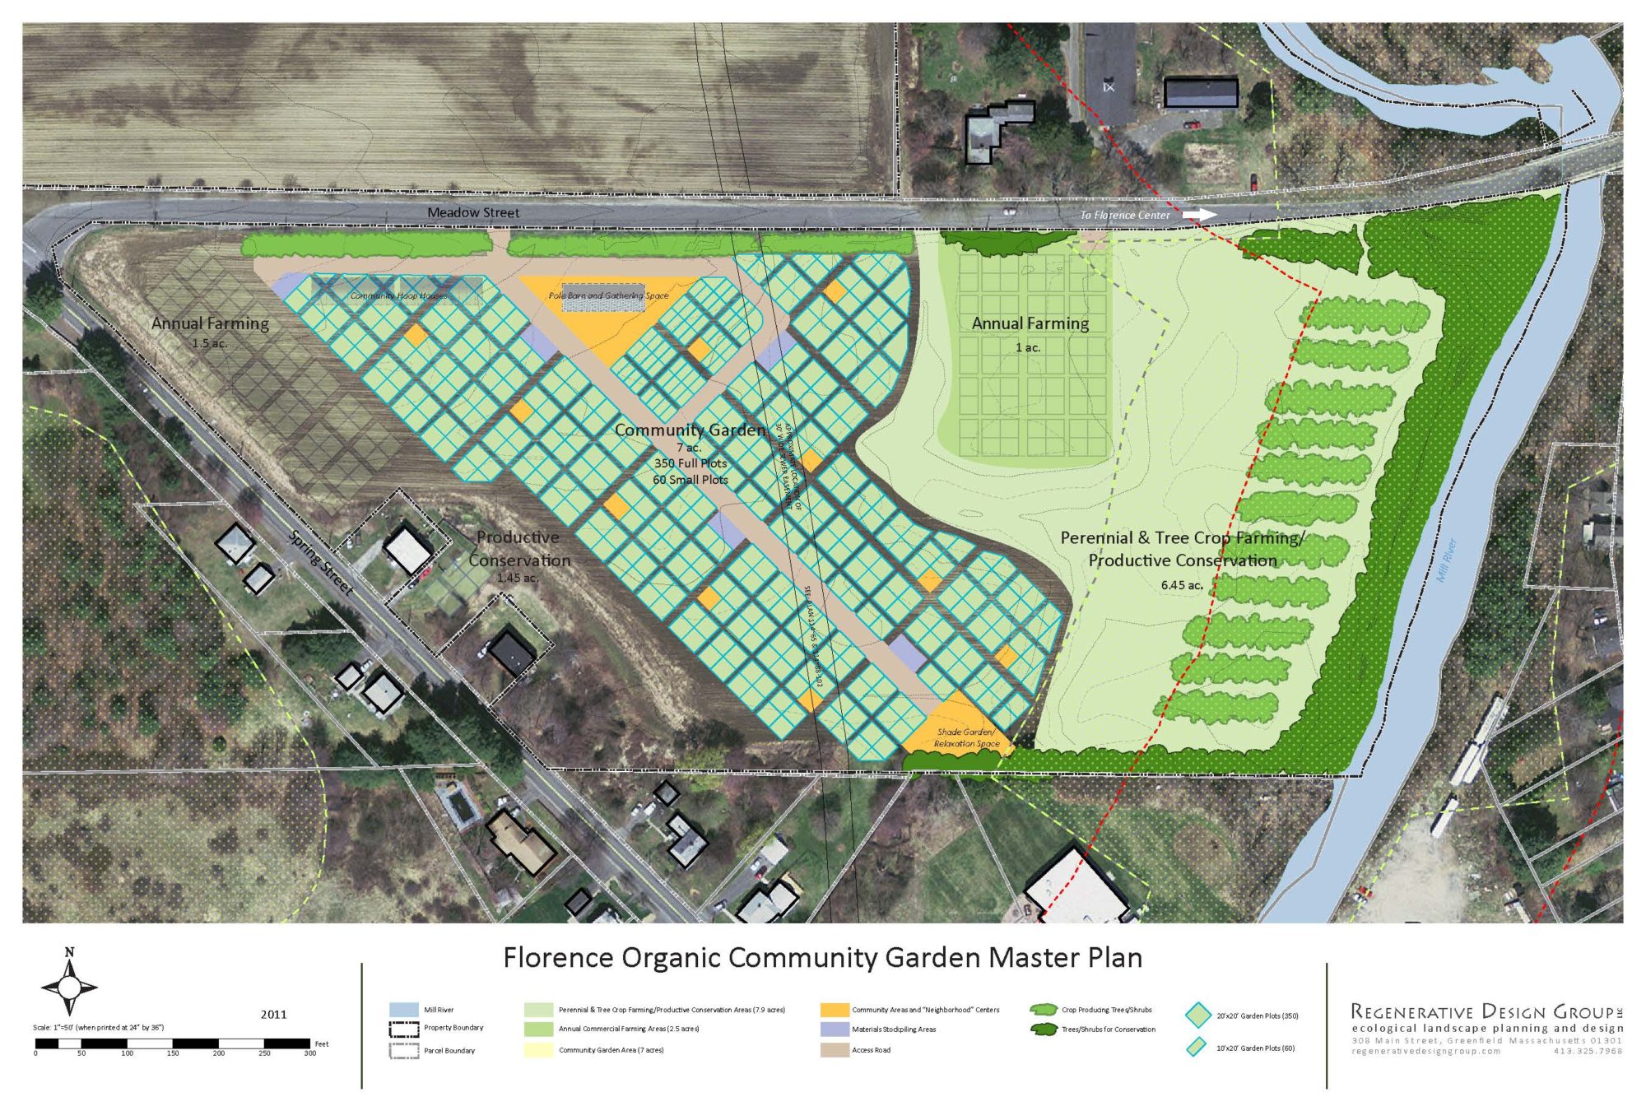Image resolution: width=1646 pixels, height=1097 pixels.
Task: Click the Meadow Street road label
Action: click(473, 212)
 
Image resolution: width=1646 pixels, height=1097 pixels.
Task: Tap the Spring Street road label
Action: click(321, 563)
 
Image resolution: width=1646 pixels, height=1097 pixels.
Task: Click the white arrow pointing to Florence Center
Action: click(1199, 215)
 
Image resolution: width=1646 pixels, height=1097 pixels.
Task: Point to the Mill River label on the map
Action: click(1446, 560)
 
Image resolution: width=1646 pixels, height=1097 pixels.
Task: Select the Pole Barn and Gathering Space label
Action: click(608, 295)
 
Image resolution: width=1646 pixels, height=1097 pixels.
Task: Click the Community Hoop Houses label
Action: click(399, 295)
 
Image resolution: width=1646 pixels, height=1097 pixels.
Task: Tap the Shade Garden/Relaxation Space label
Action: click(966, 737)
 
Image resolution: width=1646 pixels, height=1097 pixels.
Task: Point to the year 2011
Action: click(273, 1014)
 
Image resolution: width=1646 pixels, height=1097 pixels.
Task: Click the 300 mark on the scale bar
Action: click(310, 1053)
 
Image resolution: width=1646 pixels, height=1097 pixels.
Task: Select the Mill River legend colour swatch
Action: click(403, 1010)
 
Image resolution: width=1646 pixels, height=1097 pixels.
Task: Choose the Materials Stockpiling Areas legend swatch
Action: click(835, 1030)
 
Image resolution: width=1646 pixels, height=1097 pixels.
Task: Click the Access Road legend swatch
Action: click(835, 1050)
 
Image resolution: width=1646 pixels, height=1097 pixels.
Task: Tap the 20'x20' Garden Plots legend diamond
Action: click(1197, 1016)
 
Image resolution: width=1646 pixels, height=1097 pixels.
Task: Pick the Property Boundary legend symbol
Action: click(403, 1029)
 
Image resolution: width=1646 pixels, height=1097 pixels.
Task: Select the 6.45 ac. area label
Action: click(1182, 585)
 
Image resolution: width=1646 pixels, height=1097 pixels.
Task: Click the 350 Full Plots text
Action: click(690, 463)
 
